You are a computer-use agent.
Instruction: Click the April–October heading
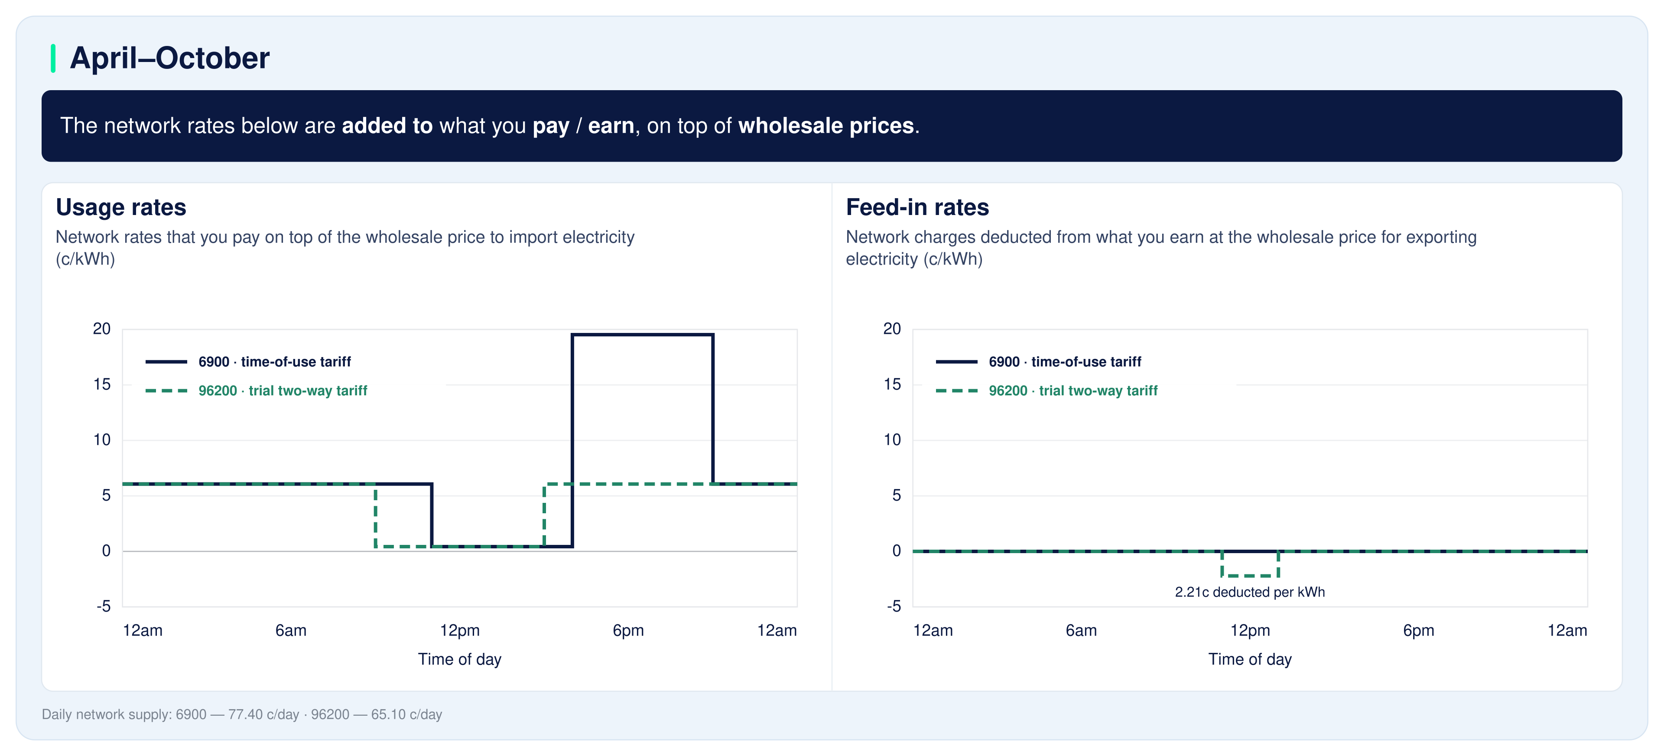[x=170, y=58]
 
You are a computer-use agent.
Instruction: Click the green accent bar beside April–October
[x=53, y=58]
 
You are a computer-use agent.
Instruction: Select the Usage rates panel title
[x=121, y=207]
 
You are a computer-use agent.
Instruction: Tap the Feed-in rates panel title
[x=917, y=207]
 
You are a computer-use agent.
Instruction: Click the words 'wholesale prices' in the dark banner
[x=825, y=125]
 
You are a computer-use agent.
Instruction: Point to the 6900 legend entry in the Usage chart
[x=248, y=362]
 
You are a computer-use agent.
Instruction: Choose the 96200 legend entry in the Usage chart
[x=257, y=391]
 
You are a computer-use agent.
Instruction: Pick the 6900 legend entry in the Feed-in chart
[x=1039, y=362]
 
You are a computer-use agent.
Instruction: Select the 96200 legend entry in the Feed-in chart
[x=1046, y=391]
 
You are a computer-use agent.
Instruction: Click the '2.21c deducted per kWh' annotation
[x=1249, y=592]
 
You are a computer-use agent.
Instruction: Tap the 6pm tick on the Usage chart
[x=628, y=631]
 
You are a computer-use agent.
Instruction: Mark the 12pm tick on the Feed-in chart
[x=1250, y=631]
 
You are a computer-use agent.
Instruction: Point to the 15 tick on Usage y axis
[x=102, y=385]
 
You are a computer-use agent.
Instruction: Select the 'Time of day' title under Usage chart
[x=459, y=659]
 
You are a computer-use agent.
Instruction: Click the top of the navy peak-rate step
[x=643, y=335]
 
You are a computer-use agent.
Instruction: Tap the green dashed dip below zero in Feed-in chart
[x=1250, y=575]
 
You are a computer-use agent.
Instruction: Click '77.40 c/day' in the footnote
[x=263, y=715]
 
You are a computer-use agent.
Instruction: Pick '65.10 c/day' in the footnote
[x=406, y=715]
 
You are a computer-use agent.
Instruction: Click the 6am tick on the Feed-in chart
[x=1081, y=631]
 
